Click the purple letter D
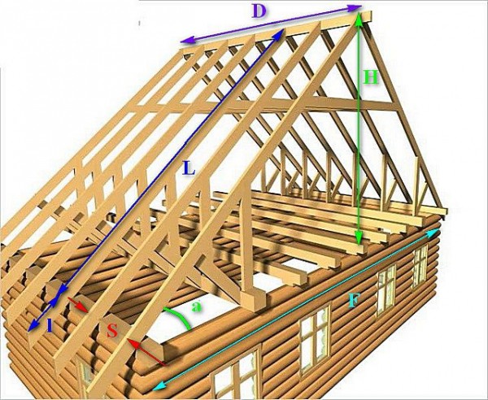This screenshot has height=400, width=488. click(x=259, y=11)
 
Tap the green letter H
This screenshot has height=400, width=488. click(x=371, y=77)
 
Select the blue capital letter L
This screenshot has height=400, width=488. click(x=190, y=168)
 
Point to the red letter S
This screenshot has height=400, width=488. click(x=112, y=331)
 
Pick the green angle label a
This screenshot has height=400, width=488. click(x=196, y=307)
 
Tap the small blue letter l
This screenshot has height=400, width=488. click(x=50, y=326)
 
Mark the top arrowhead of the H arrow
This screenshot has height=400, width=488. click(x=359, y=18)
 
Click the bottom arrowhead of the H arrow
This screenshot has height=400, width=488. click(x=359, y=239)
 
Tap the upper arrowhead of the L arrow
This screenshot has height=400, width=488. click(x=279, y=34)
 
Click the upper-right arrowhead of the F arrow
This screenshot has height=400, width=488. click(x=434, y=232)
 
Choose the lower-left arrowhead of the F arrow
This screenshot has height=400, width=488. click(x=159, y=385)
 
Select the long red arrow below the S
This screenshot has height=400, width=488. click(x=146, y=352)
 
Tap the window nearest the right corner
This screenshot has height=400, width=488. click(x=420, y=265)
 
